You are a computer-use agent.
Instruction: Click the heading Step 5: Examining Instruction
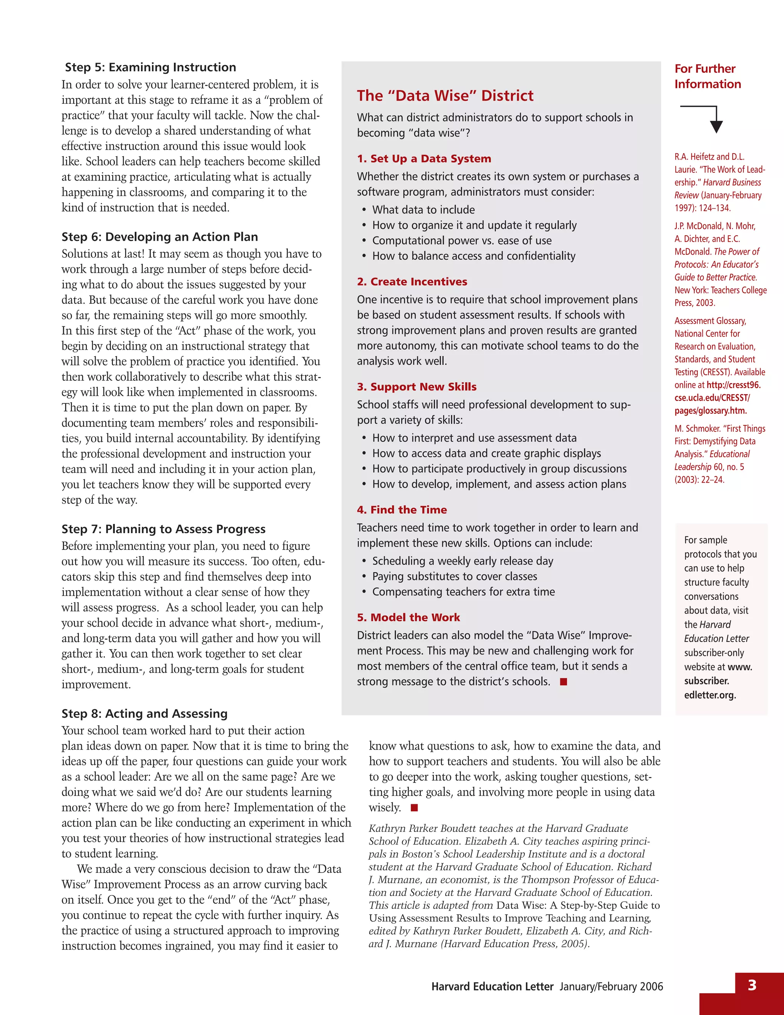pyautogui.click(x=150, y=67)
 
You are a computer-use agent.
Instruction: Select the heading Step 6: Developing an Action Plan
pyautogui.click(x=159, y=237)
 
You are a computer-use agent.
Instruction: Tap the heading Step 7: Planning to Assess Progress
pyautogui.click(x=163, y=529)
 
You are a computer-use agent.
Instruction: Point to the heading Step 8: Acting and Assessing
pyautogui.click(x=144, y=714)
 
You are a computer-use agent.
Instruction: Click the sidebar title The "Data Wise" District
pyautogui.click(x=445, y=96)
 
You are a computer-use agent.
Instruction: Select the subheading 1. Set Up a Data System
pyautogui.click(x=424, y=159)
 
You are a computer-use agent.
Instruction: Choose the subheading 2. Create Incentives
pyautogui.click(x=412, y=282)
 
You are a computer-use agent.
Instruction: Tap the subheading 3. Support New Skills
pyautogui.click(x=416, y=387)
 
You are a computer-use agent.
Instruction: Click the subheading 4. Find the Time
pyautogui.click(x=402, y=510)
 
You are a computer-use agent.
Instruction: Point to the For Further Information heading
pyautogui.click(x=707, y=76)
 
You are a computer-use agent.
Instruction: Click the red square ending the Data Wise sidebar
pyautogui.click(x=563, y=682)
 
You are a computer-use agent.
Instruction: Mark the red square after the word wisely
pyautogui.click(x=414, y=808)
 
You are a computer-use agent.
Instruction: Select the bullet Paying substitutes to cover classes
pyautogui.click(x=454, y=576)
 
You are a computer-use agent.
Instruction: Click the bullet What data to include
pyautogui.click(x=423, y=210)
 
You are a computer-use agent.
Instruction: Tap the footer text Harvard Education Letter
pyautogui.click(x=492, y=986)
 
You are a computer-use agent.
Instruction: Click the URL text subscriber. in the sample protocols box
pyautogui.click(x=706, y=681)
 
